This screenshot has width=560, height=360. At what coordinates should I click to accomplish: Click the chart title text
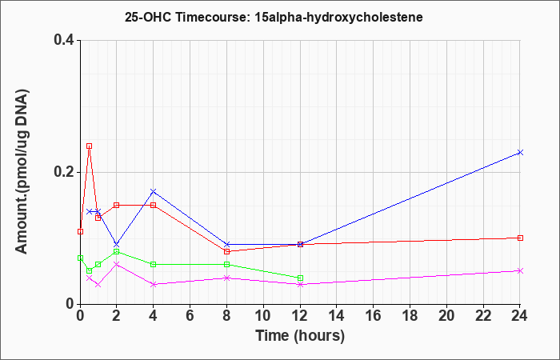point(274,17)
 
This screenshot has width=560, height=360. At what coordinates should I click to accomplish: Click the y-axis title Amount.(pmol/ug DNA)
point(22,172)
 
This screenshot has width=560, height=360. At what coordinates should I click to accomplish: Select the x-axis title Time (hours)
point(300,336)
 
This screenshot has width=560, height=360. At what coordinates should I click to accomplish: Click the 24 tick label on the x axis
point(519,316)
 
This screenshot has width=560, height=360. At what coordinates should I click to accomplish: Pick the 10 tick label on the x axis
point(263,316)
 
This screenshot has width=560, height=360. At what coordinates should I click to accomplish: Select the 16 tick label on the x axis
point(374,316)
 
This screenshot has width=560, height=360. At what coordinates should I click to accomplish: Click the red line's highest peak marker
point(90,146)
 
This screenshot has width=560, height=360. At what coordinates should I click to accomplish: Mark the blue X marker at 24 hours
point(520,153)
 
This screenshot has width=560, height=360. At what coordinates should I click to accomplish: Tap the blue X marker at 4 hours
point(154,192)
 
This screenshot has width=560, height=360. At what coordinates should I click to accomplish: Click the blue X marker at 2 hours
point(117,245)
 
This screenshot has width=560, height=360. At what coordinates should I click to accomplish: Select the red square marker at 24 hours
point(520,238)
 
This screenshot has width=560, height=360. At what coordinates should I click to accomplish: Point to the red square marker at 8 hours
point(226,251)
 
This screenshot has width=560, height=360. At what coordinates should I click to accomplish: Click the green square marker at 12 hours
point(300,278)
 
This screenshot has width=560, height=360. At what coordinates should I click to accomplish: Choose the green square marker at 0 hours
point(80,258)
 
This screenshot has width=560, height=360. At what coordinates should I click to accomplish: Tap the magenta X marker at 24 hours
point(520,270)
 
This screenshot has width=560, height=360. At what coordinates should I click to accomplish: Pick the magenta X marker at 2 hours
point(117,264)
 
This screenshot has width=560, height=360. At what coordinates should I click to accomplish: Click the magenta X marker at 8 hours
point(226,278)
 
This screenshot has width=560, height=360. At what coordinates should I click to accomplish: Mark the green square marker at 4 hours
point(154,264)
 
